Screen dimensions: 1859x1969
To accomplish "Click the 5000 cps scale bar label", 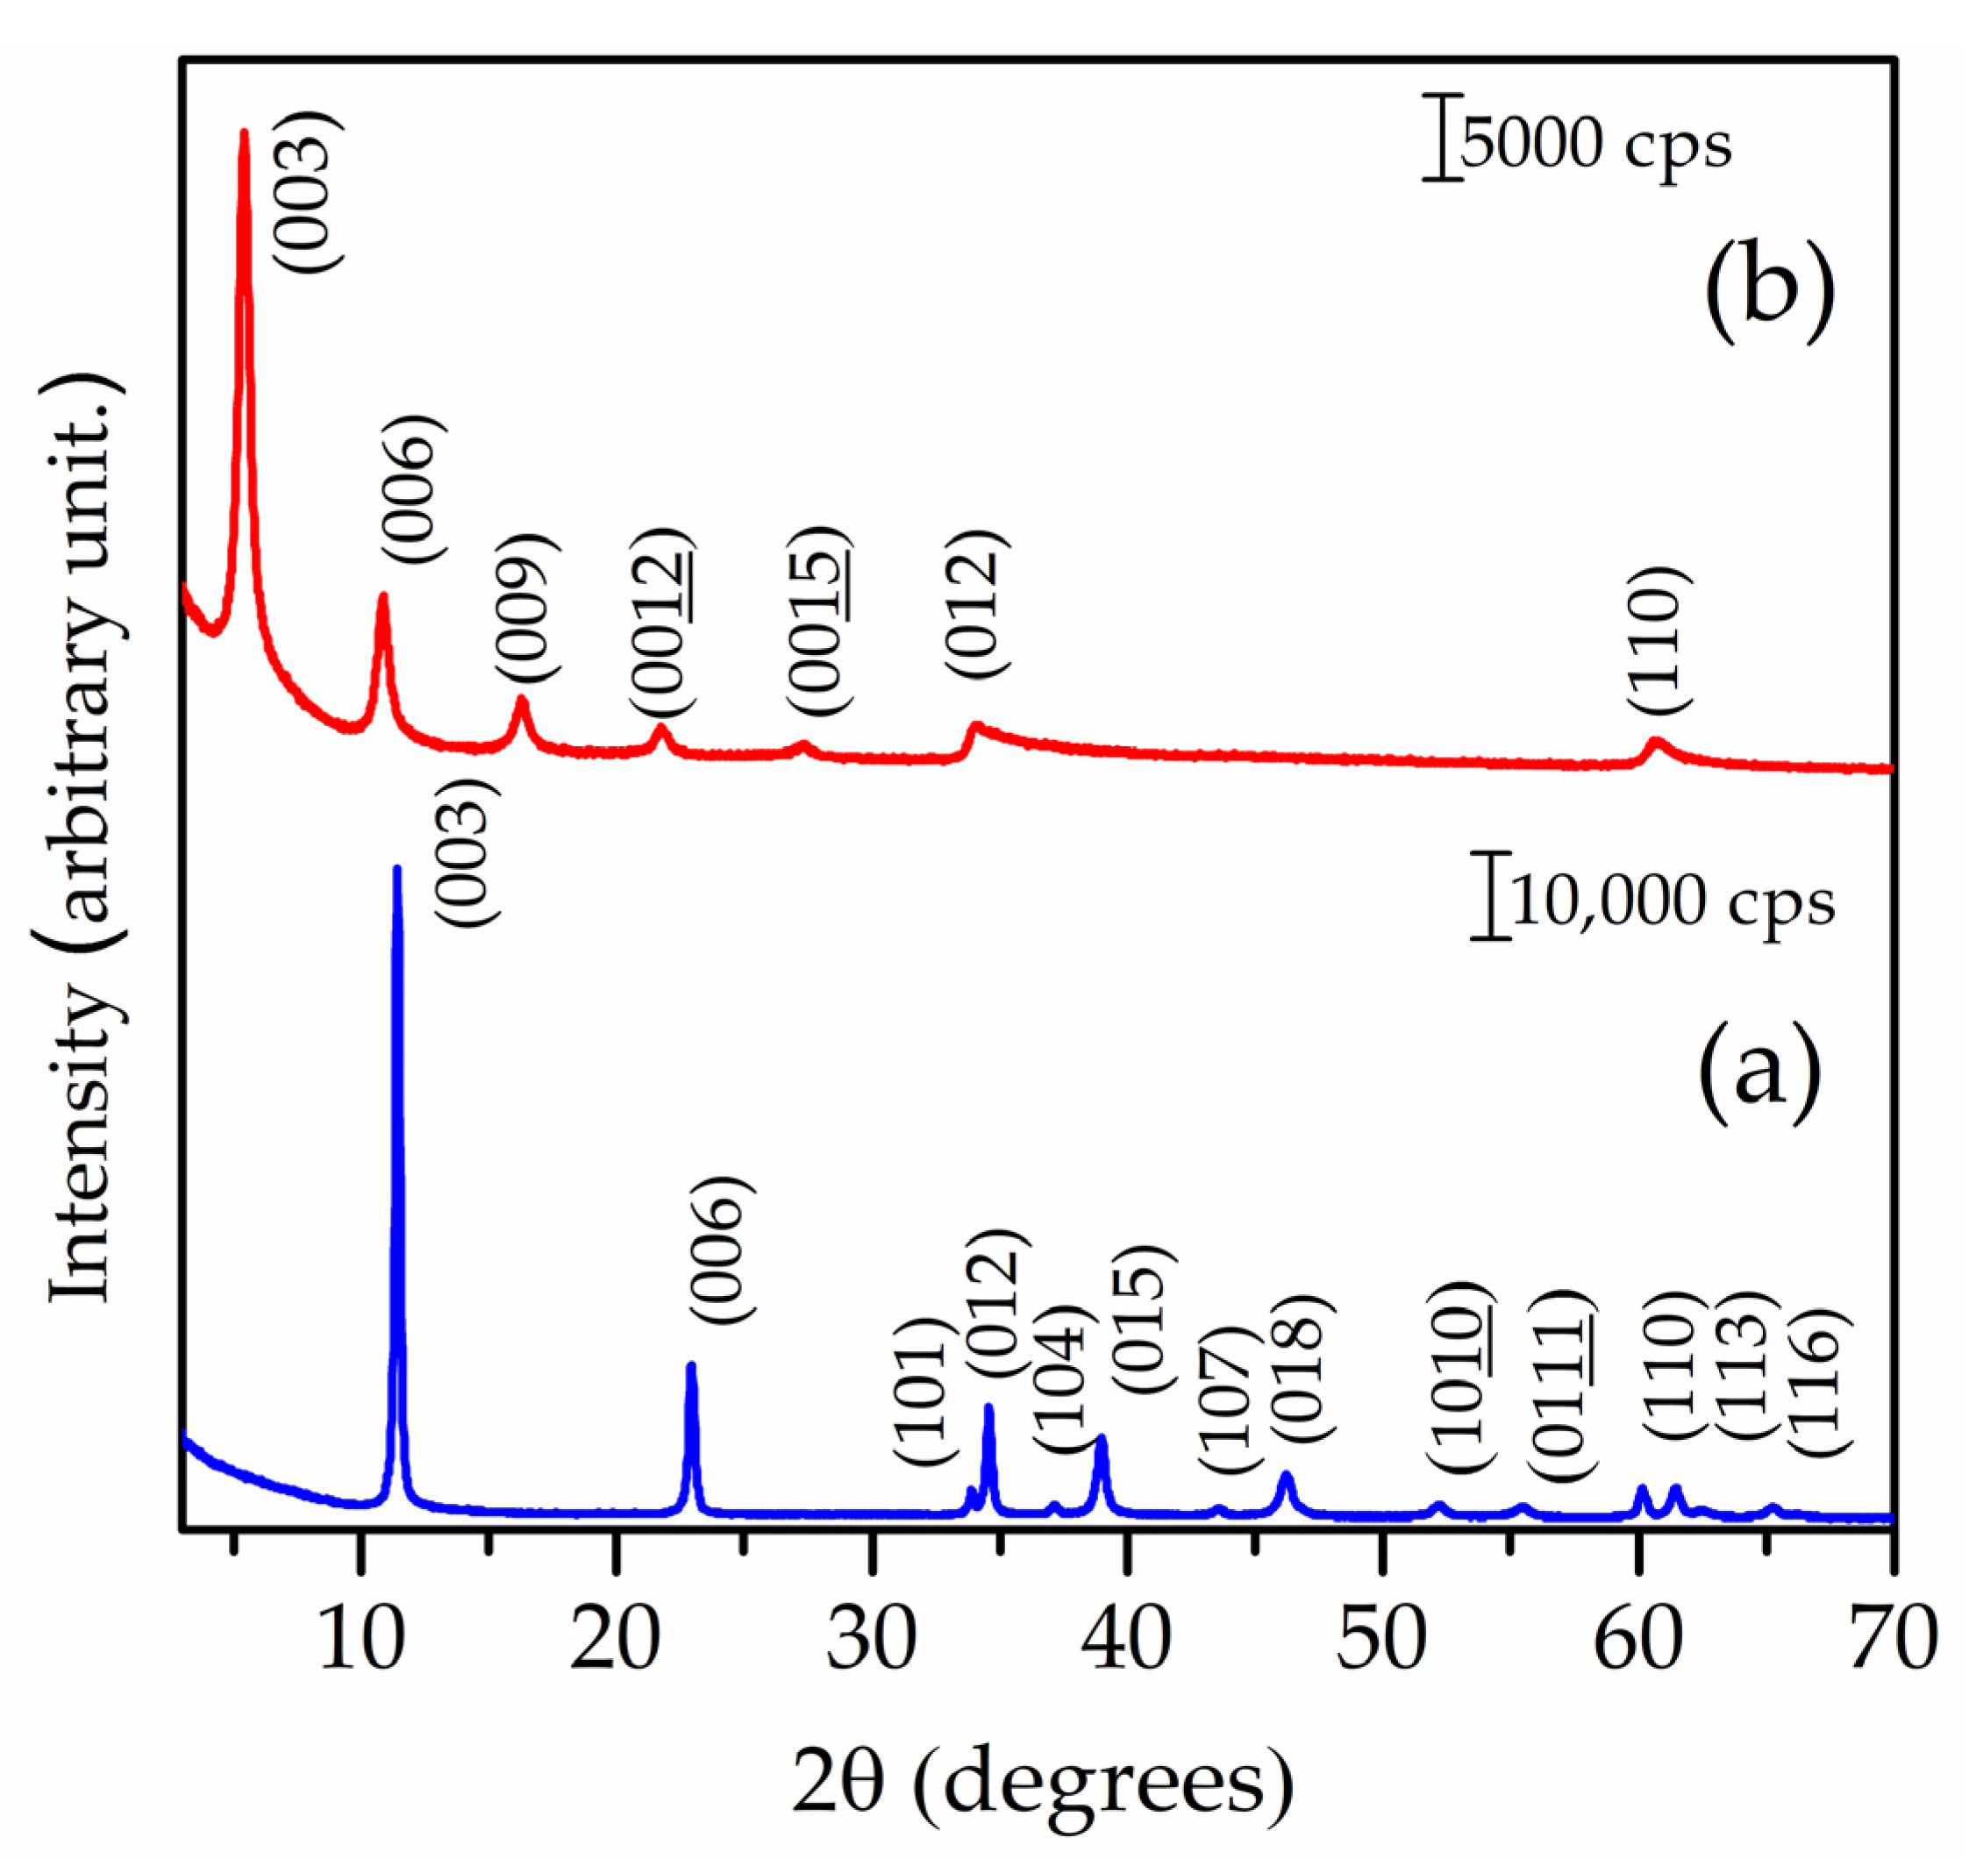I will (1596, 145).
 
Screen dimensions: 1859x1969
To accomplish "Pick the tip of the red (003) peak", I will (244, 132).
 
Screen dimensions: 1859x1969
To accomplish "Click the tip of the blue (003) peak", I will (397, 869).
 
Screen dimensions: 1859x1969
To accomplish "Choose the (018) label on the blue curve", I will (1300, 1367).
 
